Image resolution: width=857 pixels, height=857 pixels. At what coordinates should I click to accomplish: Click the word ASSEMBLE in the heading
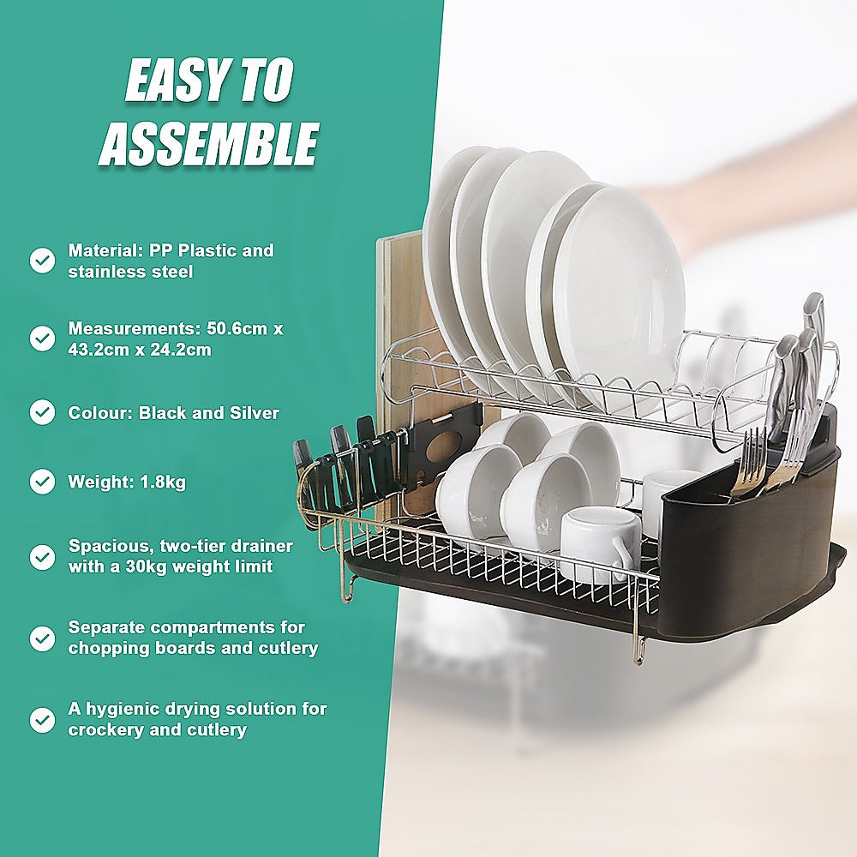click(208, 143)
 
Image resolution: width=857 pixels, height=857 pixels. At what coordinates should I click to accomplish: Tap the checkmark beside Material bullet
click(42, 261)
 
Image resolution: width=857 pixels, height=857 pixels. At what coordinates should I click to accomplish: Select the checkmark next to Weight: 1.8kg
click(42, 482)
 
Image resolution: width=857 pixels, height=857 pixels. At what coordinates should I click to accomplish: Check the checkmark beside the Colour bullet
click(42, 413)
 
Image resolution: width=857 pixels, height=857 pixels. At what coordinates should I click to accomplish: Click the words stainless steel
click(130, 272)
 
